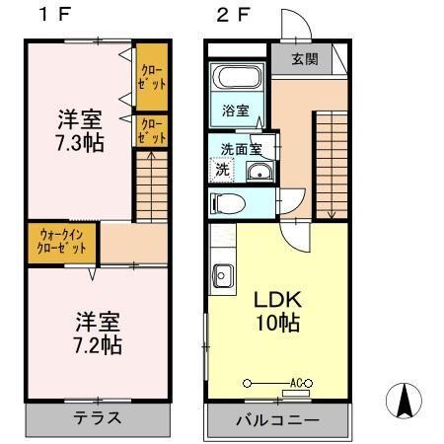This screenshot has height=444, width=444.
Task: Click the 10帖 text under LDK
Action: pyautogui.click(x=279, y=324)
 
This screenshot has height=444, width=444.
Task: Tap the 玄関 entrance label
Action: pyautogui.click(x=305, y=58)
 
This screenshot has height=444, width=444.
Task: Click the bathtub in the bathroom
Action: pyautogui.click(x=236, y=78)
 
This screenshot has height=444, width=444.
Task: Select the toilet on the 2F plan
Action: pyautogui.click(x=229, y=204)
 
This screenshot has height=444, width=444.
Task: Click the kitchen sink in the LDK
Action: pyautogui.click(x=221, y=274)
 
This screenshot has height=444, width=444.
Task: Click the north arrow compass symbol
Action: pyautogui.click(x=405, y=402)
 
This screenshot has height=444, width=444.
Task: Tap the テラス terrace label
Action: pyautogui.click(x=98, y=417)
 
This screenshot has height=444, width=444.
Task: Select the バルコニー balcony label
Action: pyautogui.click(x=277, y=420)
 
